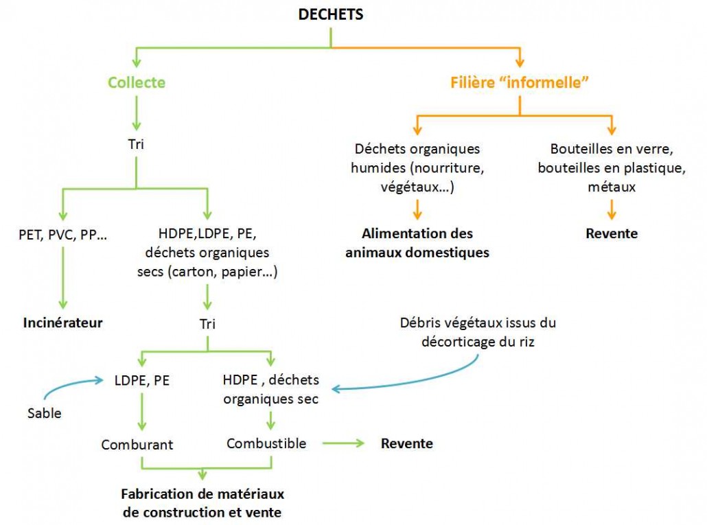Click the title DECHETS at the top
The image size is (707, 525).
click(x=331, y=14)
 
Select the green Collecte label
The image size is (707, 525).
click(x=137, y=82)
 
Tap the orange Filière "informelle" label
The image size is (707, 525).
click(x=521, y=82)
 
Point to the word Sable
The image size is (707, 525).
click(x=44, y=412)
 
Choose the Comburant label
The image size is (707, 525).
click(x=137, y=444)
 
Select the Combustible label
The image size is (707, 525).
click(x=266, y=443)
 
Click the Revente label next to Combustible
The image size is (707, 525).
click(x=406, y=443)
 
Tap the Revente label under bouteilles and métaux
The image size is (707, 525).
click(x=611, y=233)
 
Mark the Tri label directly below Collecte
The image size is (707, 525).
click(x=137, y=145)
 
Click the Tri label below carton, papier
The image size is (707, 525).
click(x=207, y=323)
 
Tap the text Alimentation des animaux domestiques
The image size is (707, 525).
click(x=417, y=243)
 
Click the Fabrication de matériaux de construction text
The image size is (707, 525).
click(x=202, y=503)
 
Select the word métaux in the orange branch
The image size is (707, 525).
click(x=611, y=187)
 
